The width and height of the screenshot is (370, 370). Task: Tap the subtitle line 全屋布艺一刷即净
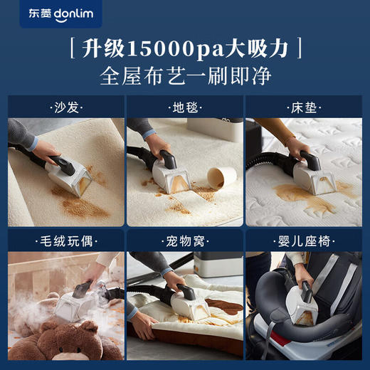point(184,76)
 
